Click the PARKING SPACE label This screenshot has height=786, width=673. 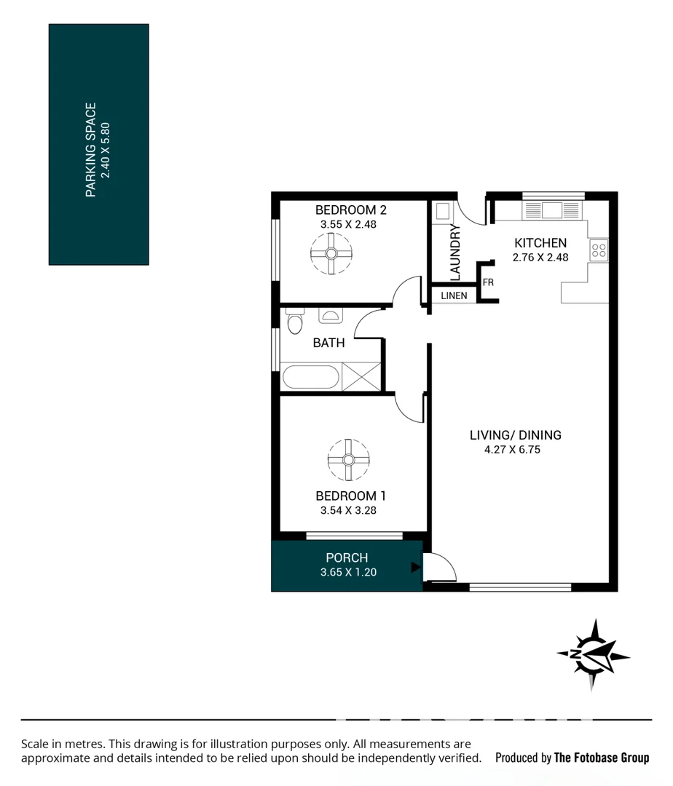[91, 150]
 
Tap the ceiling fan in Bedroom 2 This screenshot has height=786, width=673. [331, 254]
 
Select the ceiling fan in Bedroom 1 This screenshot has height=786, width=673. [347, 459]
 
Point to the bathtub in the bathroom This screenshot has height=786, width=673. [310, 378]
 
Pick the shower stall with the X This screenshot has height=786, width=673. [361, 377]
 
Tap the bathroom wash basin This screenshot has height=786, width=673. [330, 315]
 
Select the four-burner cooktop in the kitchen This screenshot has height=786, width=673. [599, 251]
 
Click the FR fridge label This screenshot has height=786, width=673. [488, 282]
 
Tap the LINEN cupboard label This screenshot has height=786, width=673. [454, 296]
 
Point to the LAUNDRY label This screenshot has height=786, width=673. [455, 253]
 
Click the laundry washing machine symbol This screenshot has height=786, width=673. [443, 212]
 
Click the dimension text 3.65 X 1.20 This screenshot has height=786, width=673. [348, 572]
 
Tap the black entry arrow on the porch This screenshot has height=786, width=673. [415, 567]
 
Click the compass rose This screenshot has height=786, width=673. [593, 654]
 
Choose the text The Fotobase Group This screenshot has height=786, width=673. [601, 758]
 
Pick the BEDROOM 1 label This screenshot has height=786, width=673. [350, 496]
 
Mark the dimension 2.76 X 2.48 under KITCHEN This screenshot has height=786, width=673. [540, 257]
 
